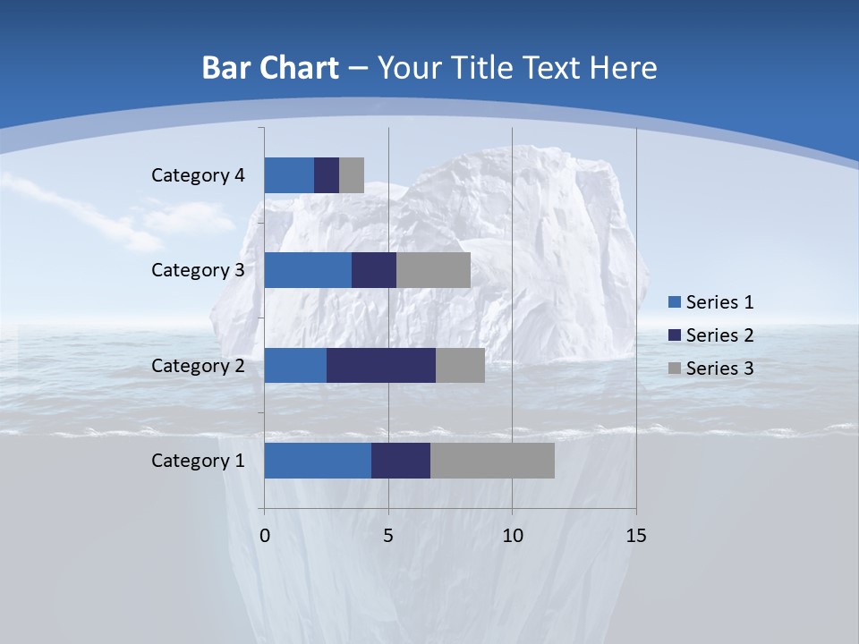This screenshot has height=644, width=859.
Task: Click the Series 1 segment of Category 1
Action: [318, 460]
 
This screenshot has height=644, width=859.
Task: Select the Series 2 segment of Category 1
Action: [401, 460]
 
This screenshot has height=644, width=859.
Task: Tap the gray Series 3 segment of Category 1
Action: [492, 460]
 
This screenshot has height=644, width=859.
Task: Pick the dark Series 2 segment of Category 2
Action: [381, 365]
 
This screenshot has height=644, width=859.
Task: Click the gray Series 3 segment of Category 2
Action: [460, 365]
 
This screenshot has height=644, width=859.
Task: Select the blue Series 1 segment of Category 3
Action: [308, 270]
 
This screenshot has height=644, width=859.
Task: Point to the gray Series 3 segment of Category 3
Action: [433, 270]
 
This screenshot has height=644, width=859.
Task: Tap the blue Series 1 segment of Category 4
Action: [289, 175]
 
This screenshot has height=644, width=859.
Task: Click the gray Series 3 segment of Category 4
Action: [352, 175]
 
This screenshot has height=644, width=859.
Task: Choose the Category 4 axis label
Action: [198, 175]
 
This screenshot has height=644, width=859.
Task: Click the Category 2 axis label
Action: [198, 365]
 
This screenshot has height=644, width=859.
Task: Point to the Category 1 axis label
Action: [198, 460]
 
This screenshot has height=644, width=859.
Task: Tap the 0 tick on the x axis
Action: [265, 536]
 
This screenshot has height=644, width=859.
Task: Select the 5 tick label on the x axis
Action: [388, 536]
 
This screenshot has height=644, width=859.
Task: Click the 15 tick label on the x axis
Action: [635, 536]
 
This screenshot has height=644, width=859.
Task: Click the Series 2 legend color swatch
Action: [675, 335]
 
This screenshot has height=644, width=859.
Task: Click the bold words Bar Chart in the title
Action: [270, 68]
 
